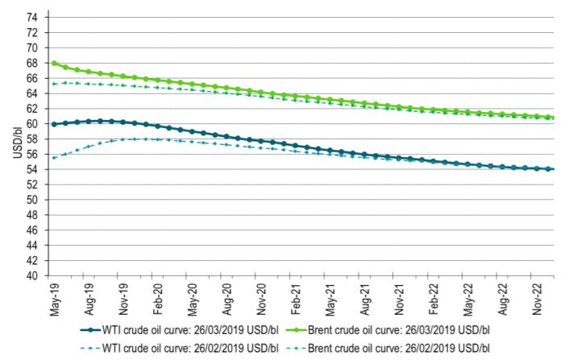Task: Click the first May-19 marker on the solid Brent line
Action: pos(54,63)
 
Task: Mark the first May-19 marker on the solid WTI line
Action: pos(54,124)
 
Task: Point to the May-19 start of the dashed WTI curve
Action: pos(54,157)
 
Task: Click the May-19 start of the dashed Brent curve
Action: pos(54,84)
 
